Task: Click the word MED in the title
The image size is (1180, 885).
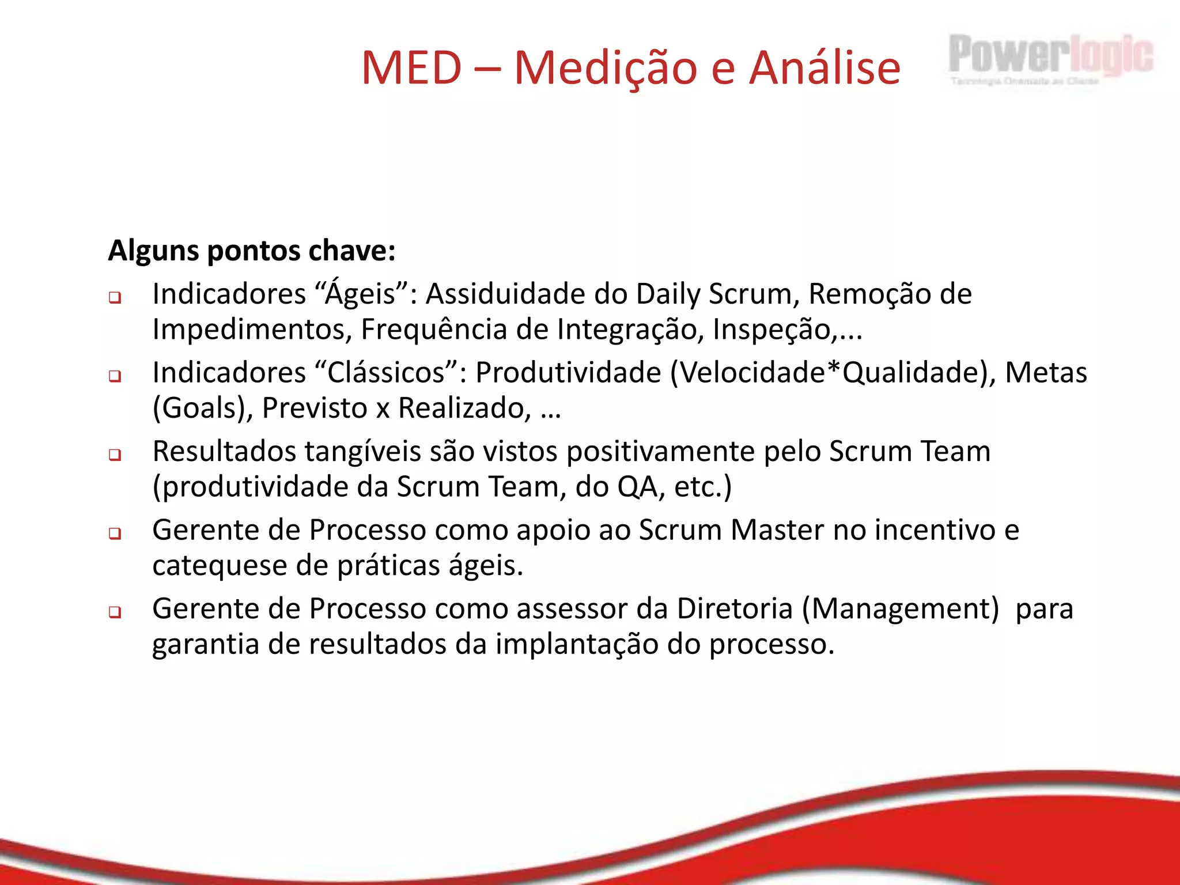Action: coord(411,68)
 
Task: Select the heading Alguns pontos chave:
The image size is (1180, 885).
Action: coord(252,251)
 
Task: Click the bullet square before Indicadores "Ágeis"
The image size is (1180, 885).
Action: coord(115,298)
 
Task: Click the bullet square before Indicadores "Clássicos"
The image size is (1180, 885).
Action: coord(115,377)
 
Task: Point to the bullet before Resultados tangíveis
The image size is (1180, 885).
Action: coord(115,455)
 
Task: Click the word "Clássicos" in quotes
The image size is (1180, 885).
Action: coord(387,372)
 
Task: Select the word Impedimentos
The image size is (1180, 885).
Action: coord(252,330)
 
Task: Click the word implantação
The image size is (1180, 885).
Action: coord(577,644)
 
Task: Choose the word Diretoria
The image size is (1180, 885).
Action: coord(735,608)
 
